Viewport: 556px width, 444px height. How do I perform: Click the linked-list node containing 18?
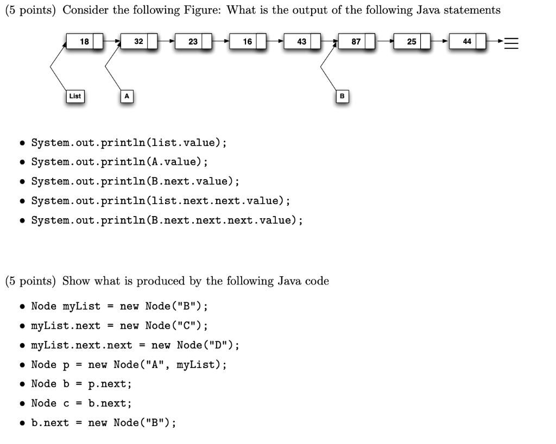[x=85, y=41]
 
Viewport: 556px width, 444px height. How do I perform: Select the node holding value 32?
[x=139, y=41]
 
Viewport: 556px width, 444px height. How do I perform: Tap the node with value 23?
[x=193, y=41]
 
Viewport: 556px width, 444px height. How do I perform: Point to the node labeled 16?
[x=248, y=41]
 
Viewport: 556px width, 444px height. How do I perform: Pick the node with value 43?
[x=302, y=41]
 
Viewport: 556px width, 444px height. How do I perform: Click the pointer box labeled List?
[x=74, y=96]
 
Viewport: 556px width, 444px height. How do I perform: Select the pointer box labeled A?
[x=127, y=96]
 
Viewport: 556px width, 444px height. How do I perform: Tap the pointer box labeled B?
[x=342, y=96]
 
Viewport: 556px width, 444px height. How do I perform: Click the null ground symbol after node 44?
[x=511, y=42]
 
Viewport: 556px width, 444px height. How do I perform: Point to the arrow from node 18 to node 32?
[x=113, y=41]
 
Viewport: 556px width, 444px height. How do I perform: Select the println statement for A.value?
[x=119, y=162]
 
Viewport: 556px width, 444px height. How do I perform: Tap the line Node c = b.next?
[x=81, y=403]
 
